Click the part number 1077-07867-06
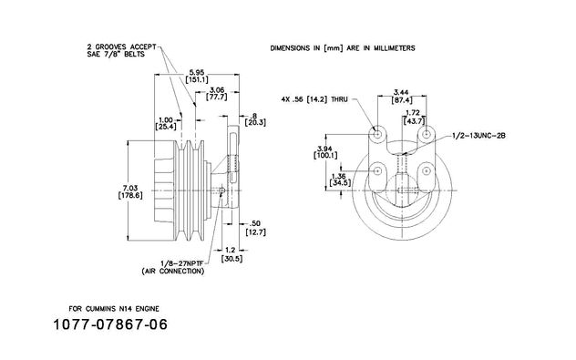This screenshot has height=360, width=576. pyautogui.click(x=110, y=324)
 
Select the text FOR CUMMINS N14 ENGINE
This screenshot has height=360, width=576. pyautogui.click(x=114, y=309)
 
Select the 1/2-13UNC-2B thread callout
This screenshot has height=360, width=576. pyautogui.click(x=478, y=136)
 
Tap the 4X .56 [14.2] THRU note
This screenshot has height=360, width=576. pyautogui.click(x=314, y=99)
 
